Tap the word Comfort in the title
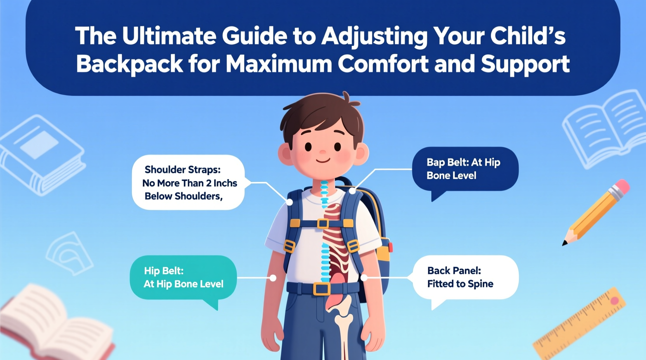383,64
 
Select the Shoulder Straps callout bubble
188,182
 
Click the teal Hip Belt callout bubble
183,277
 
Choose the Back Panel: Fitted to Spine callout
465,277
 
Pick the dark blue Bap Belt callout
465,169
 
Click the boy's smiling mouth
323,160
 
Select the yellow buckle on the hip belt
322,289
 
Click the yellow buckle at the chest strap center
323,223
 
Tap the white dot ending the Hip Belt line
273,278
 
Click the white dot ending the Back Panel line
364,278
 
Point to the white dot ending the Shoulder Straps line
289,202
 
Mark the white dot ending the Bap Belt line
352,191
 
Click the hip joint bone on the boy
344,310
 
